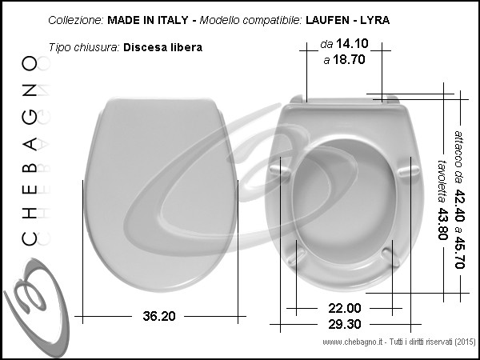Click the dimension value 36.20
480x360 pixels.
[x=159, y=316]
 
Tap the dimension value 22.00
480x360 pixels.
[x=344, y=308]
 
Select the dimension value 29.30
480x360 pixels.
[x=344, y=324]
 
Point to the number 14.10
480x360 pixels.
[x=352, y=44]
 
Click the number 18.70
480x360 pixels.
[x=349, y=59]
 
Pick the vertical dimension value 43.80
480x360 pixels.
[x=442, y=224]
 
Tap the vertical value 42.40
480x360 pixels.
[x=459, y=206]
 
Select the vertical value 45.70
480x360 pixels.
[x=459, y=253]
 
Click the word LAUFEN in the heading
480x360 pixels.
[x=327, y=20]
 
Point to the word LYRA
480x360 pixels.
[x=374, y=20]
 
